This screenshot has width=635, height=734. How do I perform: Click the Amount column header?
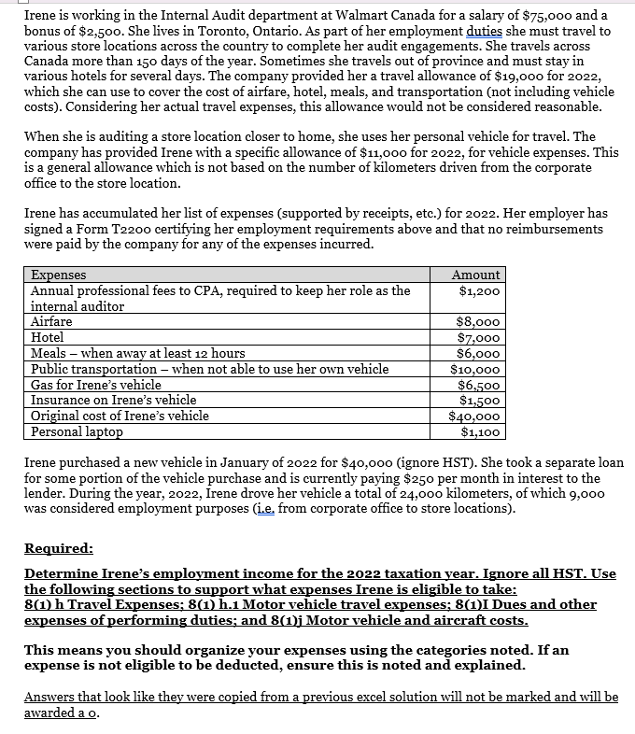click(x=476, y=275)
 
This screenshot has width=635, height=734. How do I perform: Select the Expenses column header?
click(x=59, y=275)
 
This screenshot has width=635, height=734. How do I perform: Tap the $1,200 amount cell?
click(x=480, y=290)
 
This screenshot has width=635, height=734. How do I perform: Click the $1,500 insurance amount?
click(x=480, y=401)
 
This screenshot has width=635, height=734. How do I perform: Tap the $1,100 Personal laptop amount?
click(x=480, y=432)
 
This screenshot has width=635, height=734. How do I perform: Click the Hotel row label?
click(x=48, y=337)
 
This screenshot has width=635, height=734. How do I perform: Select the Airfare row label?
click(x=51, y=321)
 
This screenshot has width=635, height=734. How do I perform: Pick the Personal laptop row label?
click(x=77, y=432)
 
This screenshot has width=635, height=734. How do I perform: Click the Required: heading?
click(x=58, y=548)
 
